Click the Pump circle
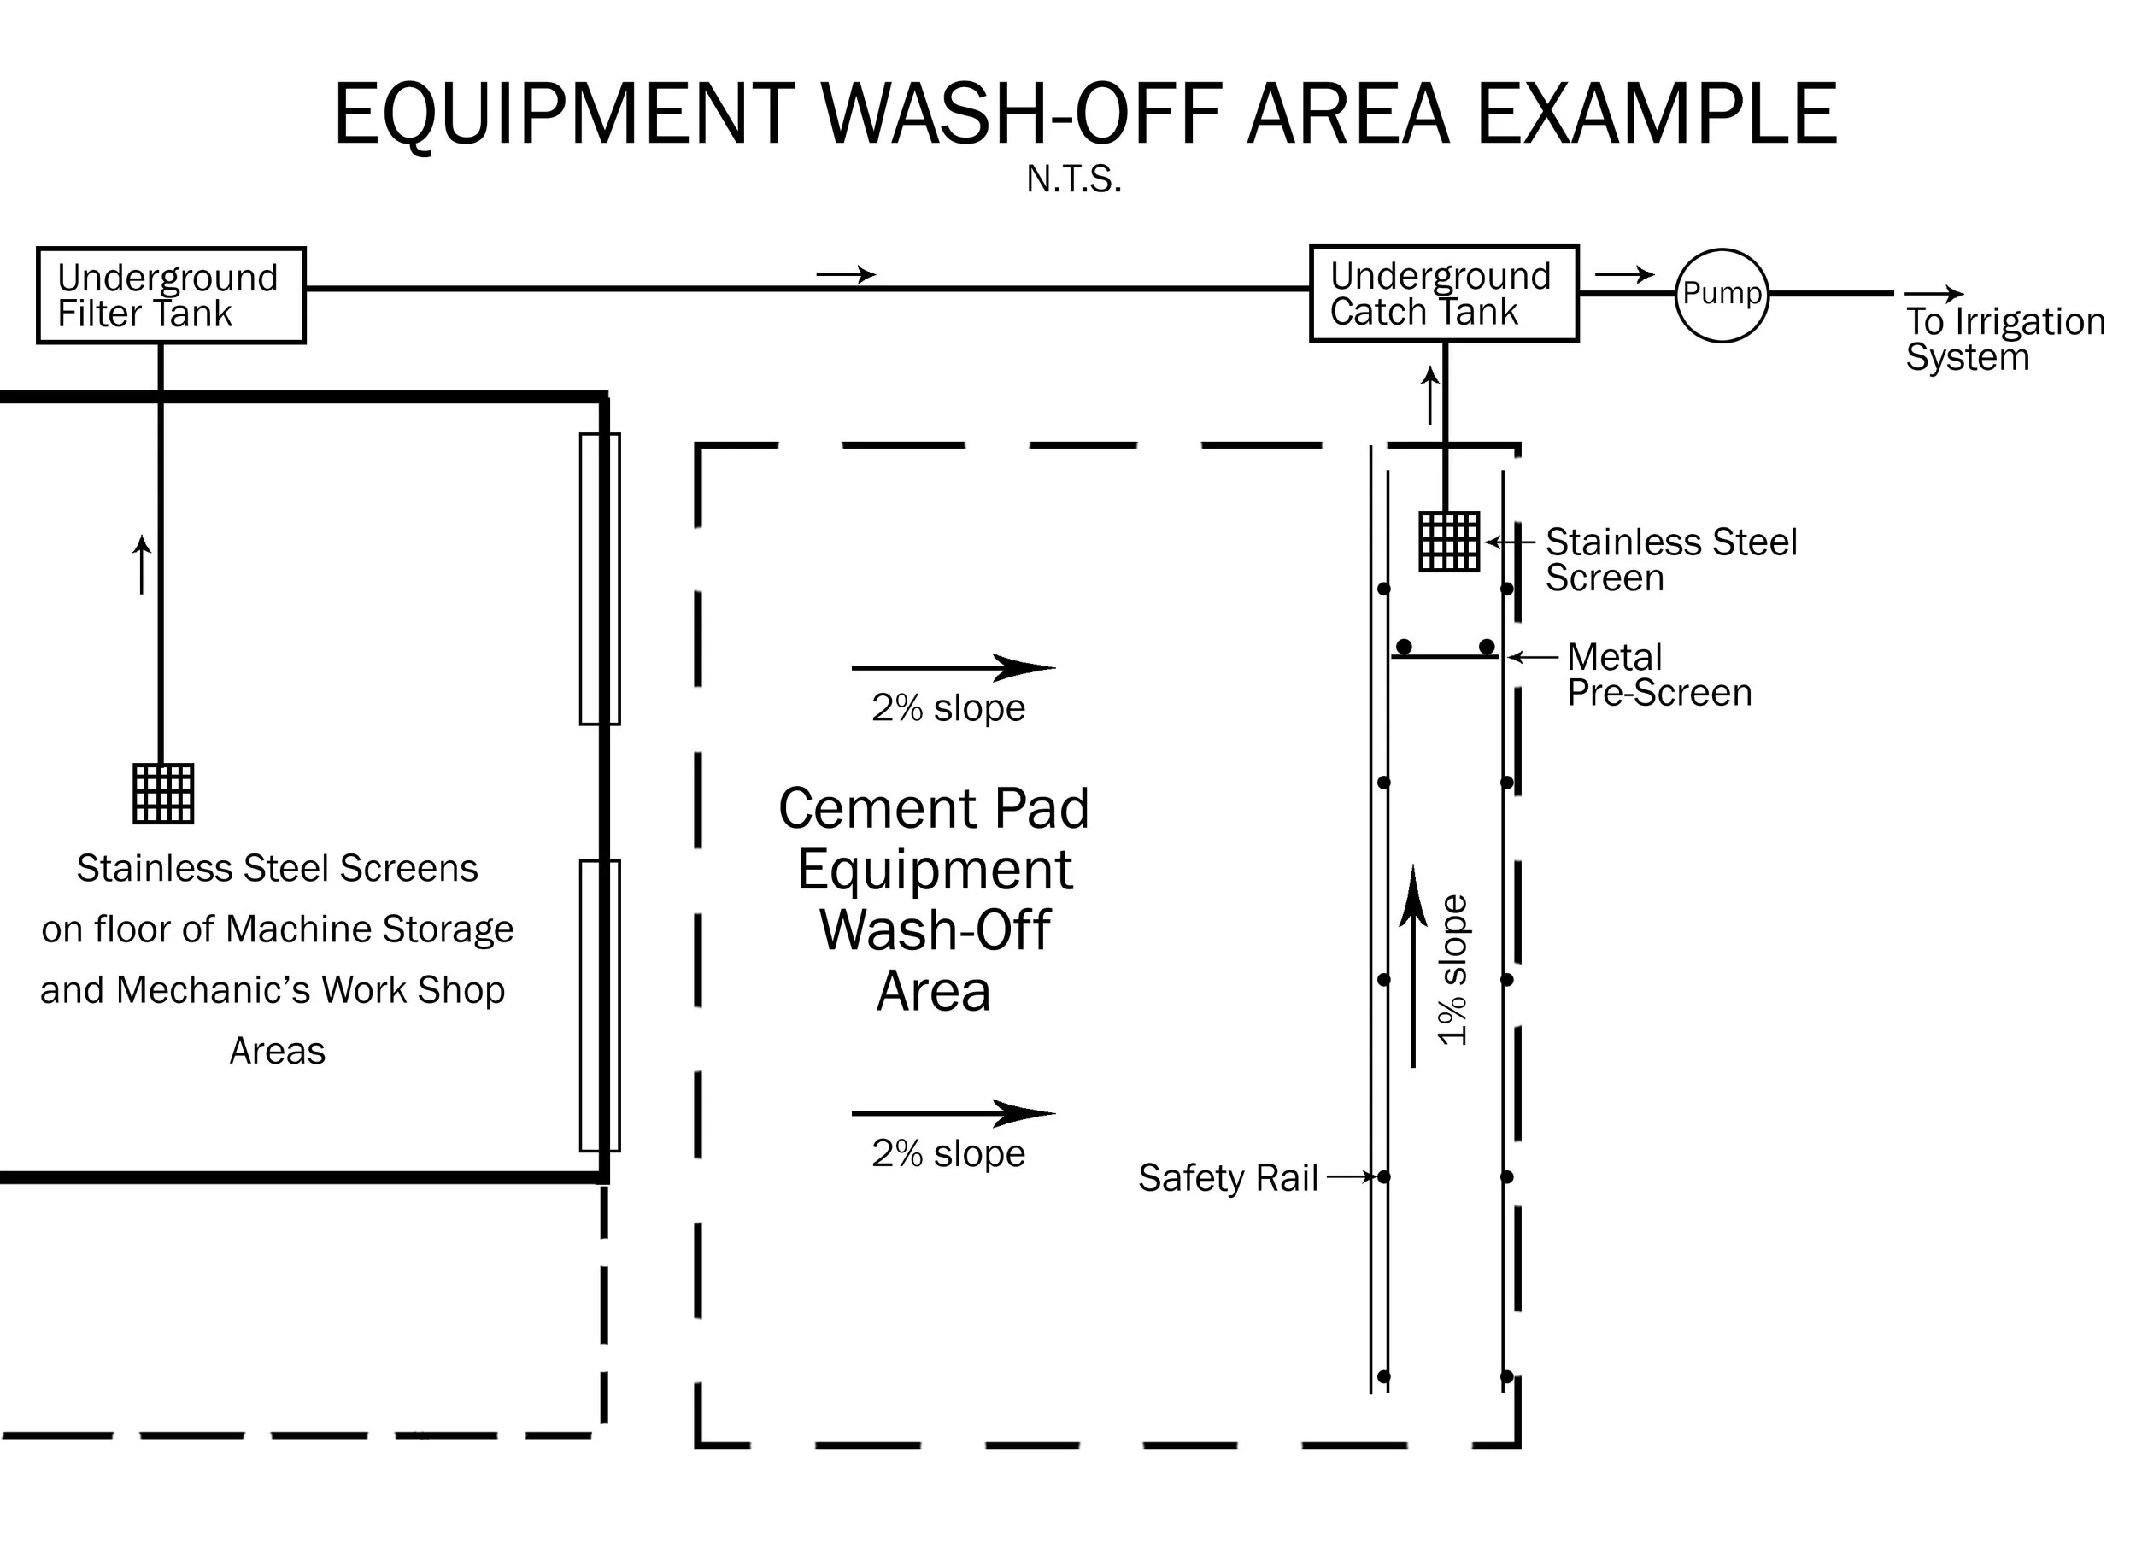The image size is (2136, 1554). click(x=1721, y=295)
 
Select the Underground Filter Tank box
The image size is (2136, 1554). click(x=171, y=295)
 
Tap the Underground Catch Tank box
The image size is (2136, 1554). click(x=1443, y=293)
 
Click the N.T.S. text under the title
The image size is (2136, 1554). click(x=1074, y=179)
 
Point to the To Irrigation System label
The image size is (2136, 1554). click(x=2004, y=339)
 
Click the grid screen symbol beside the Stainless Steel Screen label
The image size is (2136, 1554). click(x=1449, y=542)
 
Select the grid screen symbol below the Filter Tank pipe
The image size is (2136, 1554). click(x=163, y=793)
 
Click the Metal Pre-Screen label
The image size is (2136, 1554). click(x=1658, y=674)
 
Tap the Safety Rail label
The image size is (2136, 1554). click(x=1227, y=1177)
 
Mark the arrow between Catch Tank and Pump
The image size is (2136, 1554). click(x=1623, y=275)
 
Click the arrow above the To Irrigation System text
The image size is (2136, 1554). click(x=1934, y=295)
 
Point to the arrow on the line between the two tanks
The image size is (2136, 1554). click(x=845, y=275)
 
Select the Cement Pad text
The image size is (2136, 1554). click(x=933, y=808)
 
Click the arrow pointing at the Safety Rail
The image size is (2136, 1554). click(x=1352, y=1176)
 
